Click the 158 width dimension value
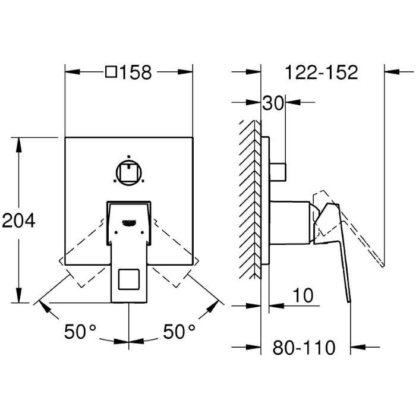pos(136,72)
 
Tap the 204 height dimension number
pos(18,220)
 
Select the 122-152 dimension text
pos(322,72)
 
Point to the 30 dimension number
pos(273,103)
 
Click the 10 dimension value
pos(303,295)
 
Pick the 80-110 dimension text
pos(304,348)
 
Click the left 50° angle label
pos(80,332)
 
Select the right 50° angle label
pos(179,332)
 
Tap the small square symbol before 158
pos(111,72)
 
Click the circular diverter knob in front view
pos(129,173)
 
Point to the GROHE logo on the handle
pos(129,223)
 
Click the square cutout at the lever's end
pos(129,279)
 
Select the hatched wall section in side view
pos(250,200)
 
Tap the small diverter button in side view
pos(278,172)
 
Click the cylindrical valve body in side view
pos(290,222)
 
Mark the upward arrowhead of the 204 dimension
pos(18,145)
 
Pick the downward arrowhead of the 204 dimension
pos(18,295)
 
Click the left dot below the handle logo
pos(116,232)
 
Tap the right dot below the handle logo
pos(142,232)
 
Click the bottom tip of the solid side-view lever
pos(349,302)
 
